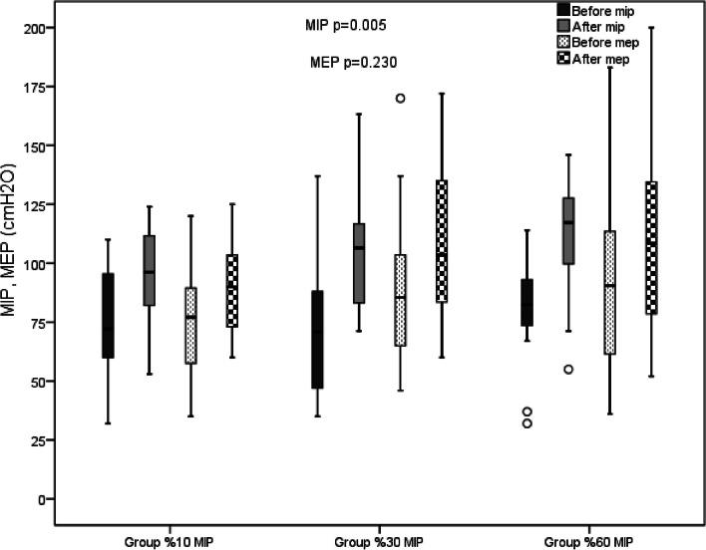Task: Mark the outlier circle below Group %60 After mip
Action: point(567,369)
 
